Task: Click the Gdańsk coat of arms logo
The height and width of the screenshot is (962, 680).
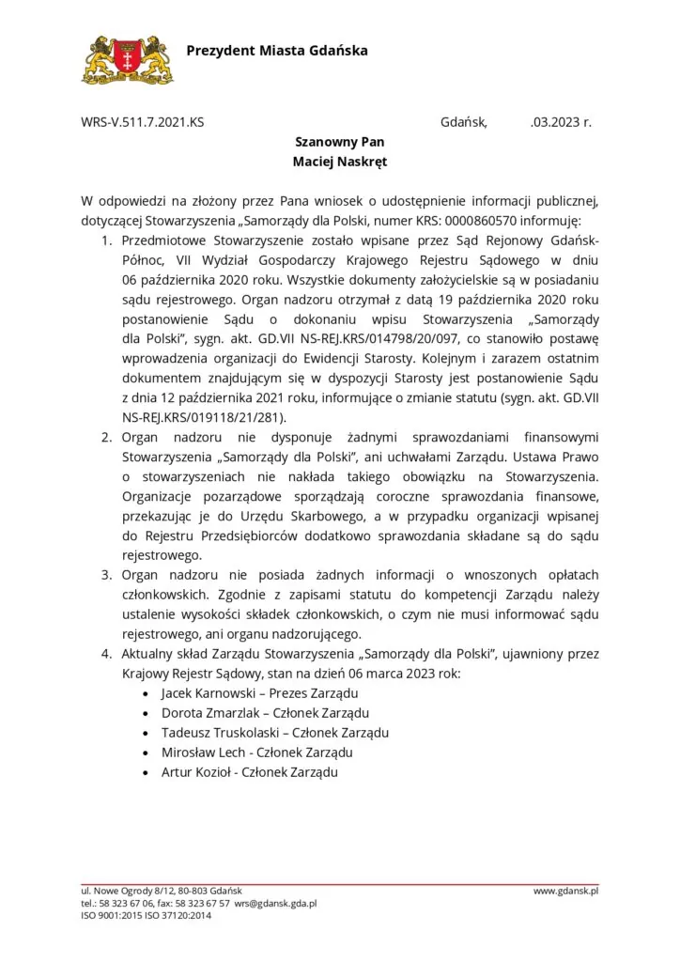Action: click(x=128, y=58)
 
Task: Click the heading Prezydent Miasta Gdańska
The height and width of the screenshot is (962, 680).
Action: click(x=277, y=50)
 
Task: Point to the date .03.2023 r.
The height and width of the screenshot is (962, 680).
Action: click(x=561, y=122)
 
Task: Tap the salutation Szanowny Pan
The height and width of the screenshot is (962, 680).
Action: click(x=339, y=142)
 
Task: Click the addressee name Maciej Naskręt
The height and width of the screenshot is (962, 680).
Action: click(x=339, y=162)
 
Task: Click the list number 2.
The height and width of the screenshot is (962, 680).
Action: click(x=106, y=437)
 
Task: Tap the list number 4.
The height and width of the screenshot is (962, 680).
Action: click(x=106, y=654)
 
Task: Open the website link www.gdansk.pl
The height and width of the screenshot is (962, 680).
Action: click(x=565, y=890)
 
